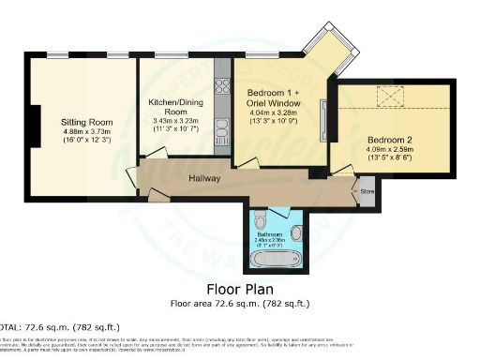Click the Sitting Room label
(x=86, y=123)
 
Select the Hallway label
(x=204, y=178)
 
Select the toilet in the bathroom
(x=261, y=222)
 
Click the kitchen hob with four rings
(x=223, y=88)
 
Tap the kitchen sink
(x=223, y=125)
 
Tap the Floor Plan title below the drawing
(x=239, y=290)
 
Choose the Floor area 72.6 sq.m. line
(x=239, y=303)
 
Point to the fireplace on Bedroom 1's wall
(x=323, y=119)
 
